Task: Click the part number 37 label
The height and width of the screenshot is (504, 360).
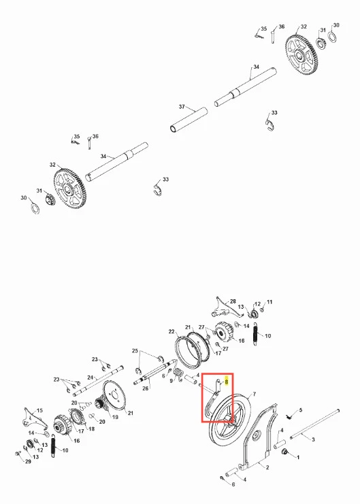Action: pyautogui.click(x=182, y=106)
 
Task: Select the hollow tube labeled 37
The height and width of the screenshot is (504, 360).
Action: pyautogui.click(x=189, y=120)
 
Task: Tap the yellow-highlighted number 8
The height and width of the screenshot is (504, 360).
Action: pyautogui.click(x=227, y=382)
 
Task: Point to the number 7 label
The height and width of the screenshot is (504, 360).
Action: pyautogui.click(x=254, y=394)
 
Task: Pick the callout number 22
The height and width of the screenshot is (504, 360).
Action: pyautogui.click(x=171, y=331)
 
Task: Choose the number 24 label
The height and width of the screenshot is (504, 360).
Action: pyautogui.click(x=90, y=377)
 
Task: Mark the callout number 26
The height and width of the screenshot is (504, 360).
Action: pyautogui.click(x=146, y=388)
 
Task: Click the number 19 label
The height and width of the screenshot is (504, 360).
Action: pyautogui.click(x=115, y=417)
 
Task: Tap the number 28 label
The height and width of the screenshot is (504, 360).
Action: pyautogui.click(x=233, y=302)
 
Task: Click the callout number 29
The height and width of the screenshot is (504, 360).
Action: pyautogui.click(x=29, y=462)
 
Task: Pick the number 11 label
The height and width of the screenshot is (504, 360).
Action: pyautogui.click(x=269, y=302)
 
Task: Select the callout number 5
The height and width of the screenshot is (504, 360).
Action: pyautogui.click(x=301, y=410)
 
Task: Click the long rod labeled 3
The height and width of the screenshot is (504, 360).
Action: pyautogui.click(x=314, y=423)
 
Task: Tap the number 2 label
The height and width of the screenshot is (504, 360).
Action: pyautogui.click(x=267, y=468)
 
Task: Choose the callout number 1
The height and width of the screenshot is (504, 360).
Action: pyautogui.click(x=298, y=457)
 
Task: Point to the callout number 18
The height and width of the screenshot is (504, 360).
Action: pyautogui.click(x=91, y=429)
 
